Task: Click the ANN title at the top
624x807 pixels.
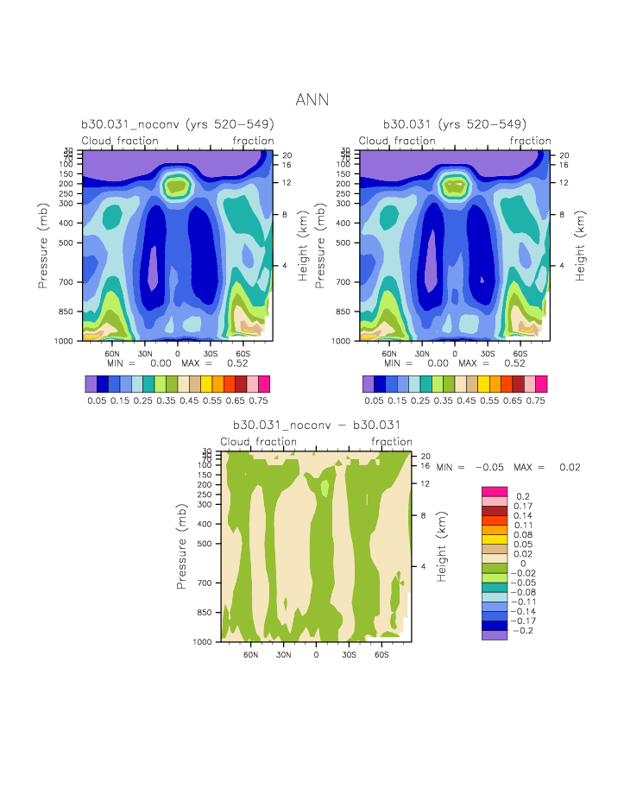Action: pyautogui.click(x=312, y=100)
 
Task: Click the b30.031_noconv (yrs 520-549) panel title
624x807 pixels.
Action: pyautogui.click(x=178, y=124)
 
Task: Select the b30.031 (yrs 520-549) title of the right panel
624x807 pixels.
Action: pyautogui.click(x=455, y=124)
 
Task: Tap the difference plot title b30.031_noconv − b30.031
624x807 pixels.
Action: pyautogui.click(x=316, y=426)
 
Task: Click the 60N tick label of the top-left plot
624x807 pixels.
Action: pyautogui.click(x=111, y=354)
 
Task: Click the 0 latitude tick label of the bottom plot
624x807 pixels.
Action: pyautogui.click(x=316, y=655)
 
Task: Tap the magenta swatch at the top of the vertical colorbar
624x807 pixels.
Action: pyautogui.click(x=495, y=491)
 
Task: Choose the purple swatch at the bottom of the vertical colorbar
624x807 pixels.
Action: pyautogui.click(x=495, y=634)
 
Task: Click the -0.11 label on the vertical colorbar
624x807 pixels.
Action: pyautogui.click(x=525, y=602)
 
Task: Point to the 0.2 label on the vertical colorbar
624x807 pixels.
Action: pyautogui.click(x=522, y=496)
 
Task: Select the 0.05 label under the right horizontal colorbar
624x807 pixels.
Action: pyautogui.click(x=375, y=400)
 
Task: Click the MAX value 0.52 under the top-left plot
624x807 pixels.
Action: pyautogui.click(x=237, y=363)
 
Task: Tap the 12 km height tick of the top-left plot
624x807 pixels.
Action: pyautogui.click(x=287, y=183)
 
